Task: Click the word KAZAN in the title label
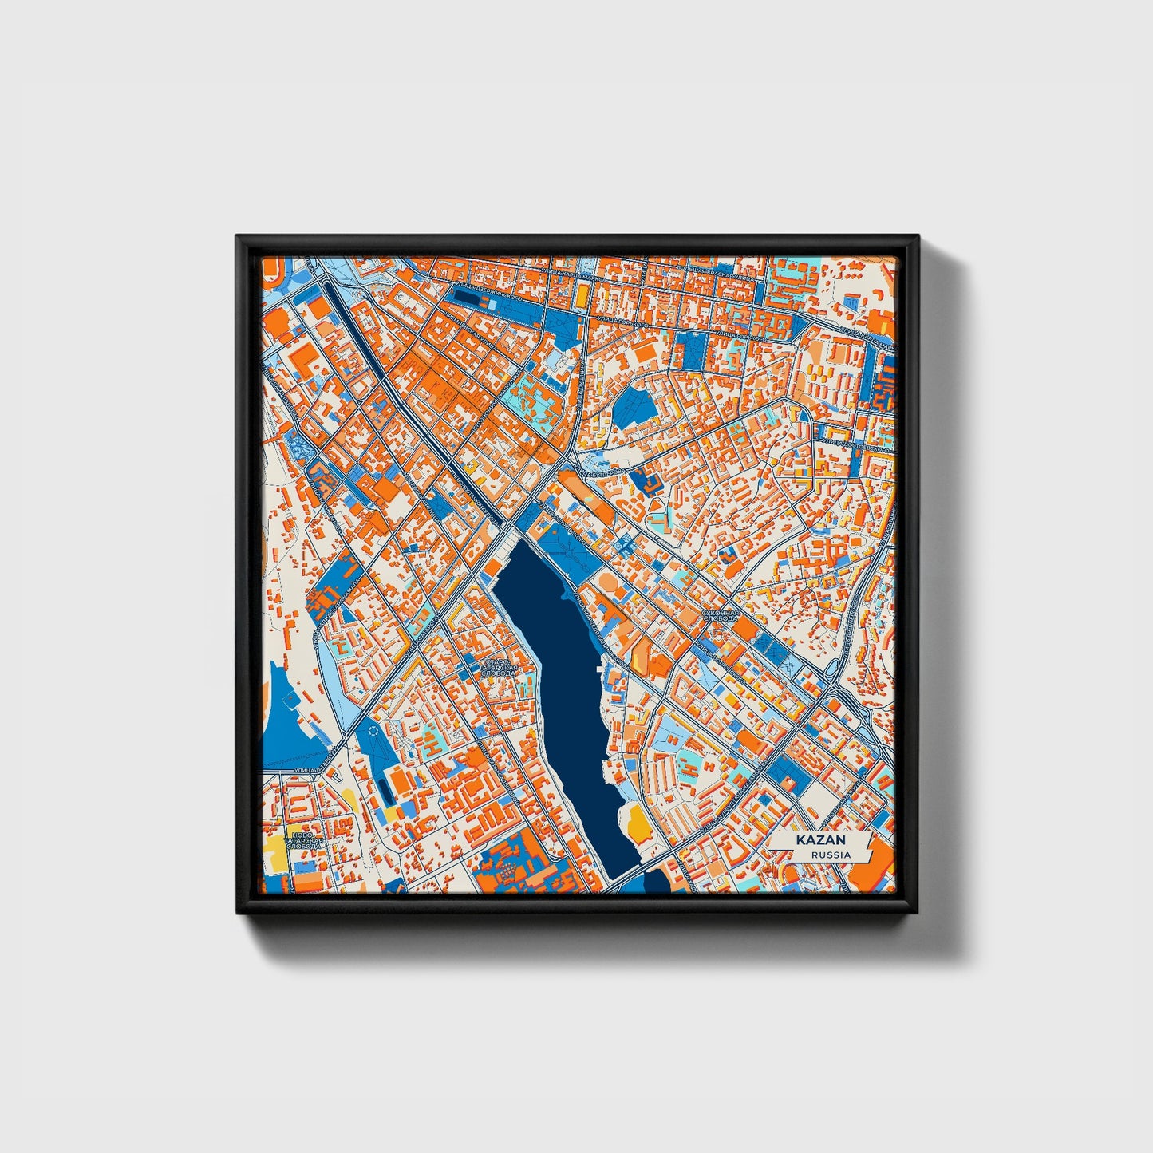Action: point(815,841)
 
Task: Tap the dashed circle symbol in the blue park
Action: point(372,729)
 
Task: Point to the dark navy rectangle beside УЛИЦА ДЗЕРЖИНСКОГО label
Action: point(469,298)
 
